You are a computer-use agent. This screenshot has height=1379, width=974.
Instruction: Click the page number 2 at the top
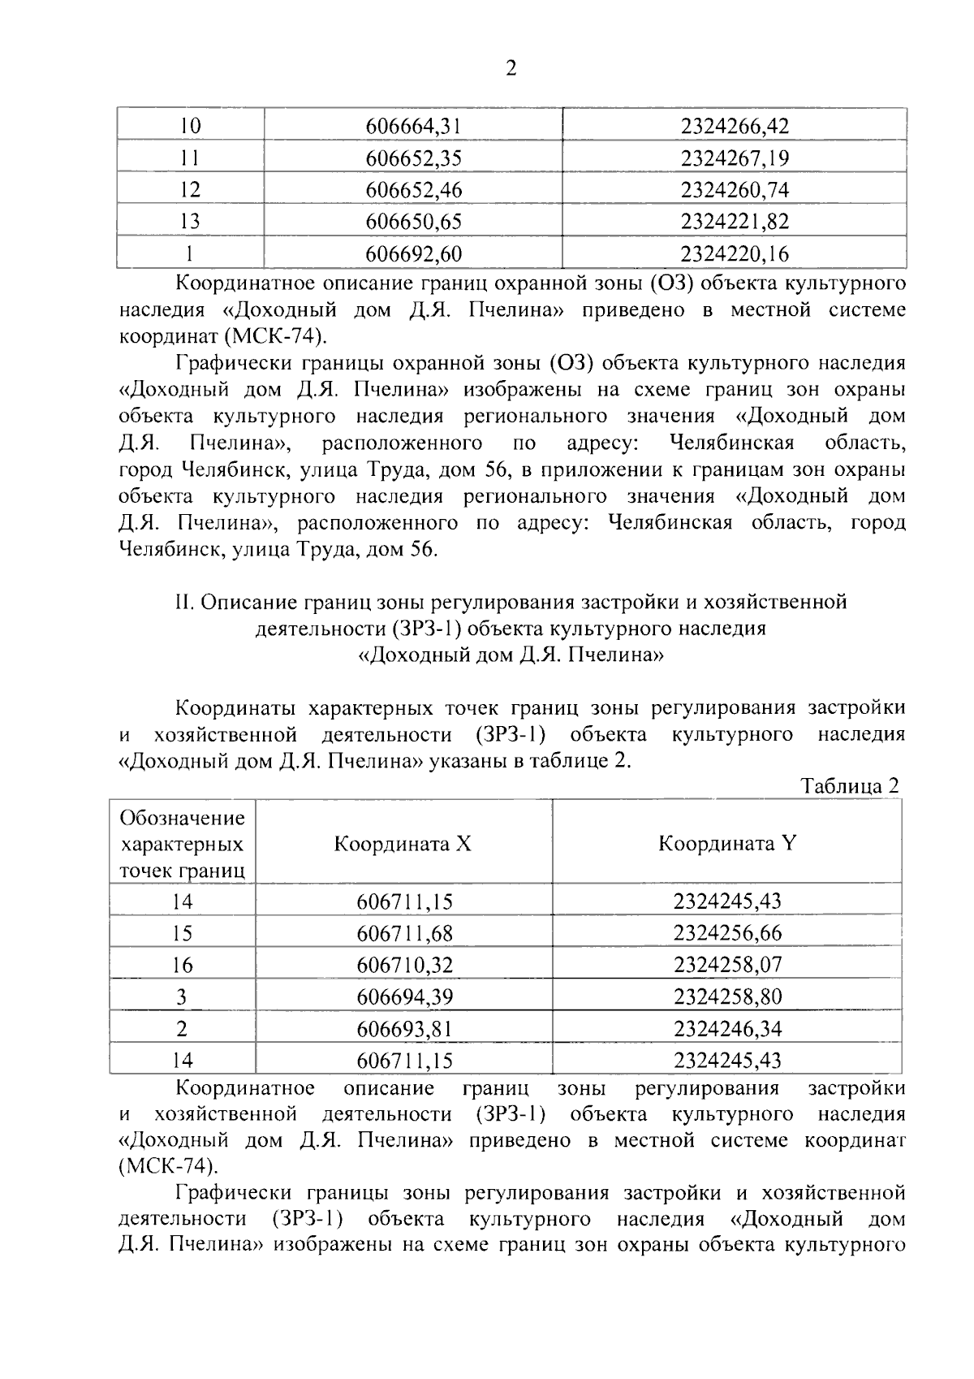point(511,69)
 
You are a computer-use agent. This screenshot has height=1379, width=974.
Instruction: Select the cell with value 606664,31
point(413,126)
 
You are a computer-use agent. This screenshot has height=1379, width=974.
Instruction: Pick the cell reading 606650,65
point(413,221)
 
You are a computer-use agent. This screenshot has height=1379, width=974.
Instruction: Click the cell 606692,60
point(413,253)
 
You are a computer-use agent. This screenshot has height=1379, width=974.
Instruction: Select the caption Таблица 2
point(850,785)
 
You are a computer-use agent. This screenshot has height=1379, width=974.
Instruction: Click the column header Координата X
point(403,843)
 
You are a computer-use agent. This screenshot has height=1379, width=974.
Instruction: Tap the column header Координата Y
point(726,843)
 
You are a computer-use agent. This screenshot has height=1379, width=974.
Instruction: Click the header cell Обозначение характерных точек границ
point(182,844)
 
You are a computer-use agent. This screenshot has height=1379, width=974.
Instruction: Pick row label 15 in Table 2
point(182,933)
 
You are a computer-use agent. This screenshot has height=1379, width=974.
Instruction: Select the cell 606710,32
point(404,965)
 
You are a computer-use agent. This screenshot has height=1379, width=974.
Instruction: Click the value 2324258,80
point(726,996)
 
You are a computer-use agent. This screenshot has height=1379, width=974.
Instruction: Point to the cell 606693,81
point(404,1029)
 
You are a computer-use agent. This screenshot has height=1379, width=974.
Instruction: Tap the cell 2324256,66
point(726,933)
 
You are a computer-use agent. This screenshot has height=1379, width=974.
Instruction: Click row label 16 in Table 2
point(182,965)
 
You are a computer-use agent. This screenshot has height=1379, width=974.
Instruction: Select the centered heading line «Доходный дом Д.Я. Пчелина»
point(511,655)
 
